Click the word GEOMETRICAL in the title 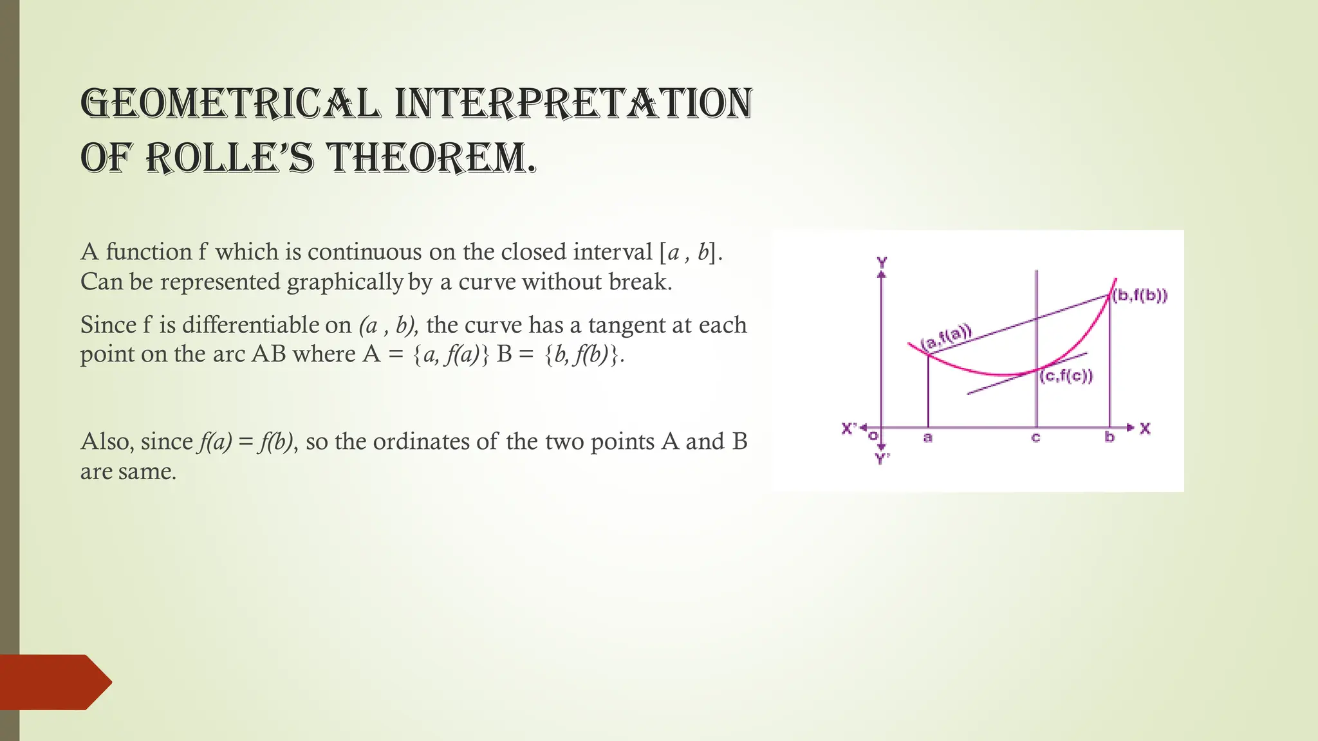click(230, 104)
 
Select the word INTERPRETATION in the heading click(573, 104)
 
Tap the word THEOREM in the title click(431, 158)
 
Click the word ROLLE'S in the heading click(230, 158)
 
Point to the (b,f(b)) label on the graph click(1140, 296)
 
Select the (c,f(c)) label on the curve click(1066, 376)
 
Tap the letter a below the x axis click(927, 438)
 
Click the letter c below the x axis click(1035, 438)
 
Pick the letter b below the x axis click(1109, 437)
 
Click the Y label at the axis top click(882, 262)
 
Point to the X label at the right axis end click(1145, 428)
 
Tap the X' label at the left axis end click(849, 428)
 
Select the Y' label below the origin click(882, 459)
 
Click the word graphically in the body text click(345, 282)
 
